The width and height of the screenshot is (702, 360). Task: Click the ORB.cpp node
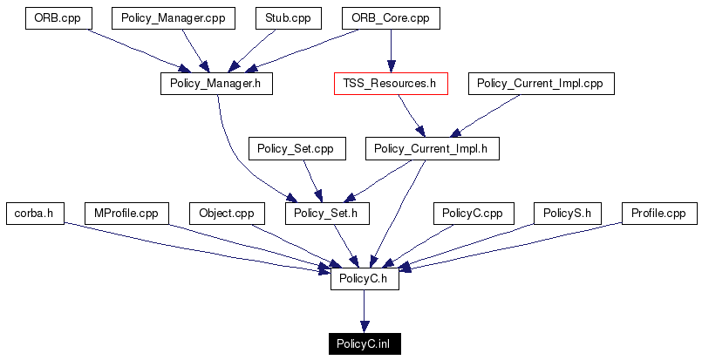pos(58,18)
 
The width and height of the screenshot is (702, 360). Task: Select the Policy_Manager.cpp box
pos(173,18)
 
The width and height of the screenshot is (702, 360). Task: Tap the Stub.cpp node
pos(288,18)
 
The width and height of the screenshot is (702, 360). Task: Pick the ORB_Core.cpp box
pos(390,18)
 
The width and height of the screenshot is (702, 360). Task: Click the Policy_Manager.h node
pos(216,84)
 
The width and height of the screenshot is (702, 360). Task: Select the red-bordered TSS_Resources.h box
pos(390,84)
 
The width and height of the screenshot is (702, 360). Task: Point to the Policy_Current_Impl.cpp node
pos(542,84)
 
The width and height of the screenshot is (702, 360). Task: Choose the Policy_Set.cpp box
pos(296,149)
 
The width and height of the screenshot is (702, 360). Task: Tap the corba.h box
pos(34,214)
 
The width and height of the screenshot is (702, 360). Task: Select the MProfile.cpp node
pos(126,214)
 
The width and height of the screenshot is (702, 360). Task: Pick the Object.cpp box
pos(226,214)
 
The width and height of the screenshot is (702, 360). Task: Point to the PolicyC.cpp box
pos(472,214)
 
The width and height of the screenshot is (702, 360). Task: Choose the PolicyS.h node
pos(566,214)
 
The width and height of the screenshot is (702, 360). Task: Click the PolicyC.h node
pos(365,279)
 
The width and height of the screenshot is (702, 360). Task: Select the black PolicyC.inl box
pos(365,344)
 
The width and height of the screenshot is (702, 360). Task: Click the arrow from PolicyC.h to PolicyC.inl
pos(365,311)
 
